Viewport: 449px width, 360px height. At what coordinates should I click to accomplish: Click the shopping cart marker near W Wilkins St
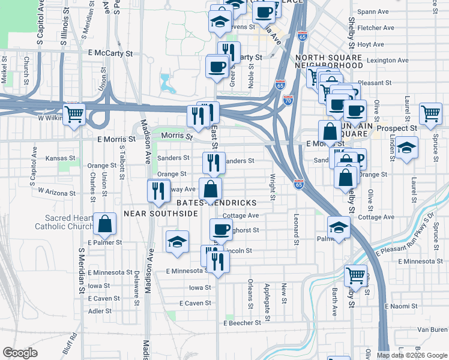(74, 113)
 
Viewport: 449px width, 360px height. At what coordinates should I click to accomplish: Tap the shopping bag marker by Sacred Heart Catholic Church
(105, 224)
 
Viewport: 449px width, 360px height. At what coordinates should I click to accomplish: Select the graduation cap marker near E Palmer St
(177, 242)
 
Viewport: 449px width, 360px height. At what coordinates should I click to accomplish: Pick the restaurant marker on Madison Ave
(157, 190)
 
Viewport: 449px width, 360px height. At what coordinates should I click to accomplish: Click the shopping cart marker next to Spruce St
(430, 113)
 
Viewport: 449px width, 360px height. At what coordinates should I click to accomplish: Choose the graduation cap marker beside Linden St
(406, 147)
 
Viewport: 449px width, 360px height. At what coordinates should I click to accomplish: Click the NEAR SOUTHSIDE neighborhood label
(161, 213)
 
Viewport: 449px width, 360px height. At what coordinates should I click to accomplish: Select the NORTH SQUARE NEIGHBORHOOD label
(329, 61)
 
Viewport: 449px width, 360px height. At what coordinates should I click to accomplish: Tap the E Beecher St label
(242, 322)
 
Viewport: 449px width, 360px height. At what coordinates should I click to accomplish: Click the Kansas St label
(61, 158)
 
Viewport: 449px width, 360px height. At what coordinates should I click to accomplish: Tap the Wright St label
(273, 187)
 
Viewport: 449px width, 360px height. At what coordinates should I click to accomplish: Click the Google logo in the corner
(20, 353)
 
